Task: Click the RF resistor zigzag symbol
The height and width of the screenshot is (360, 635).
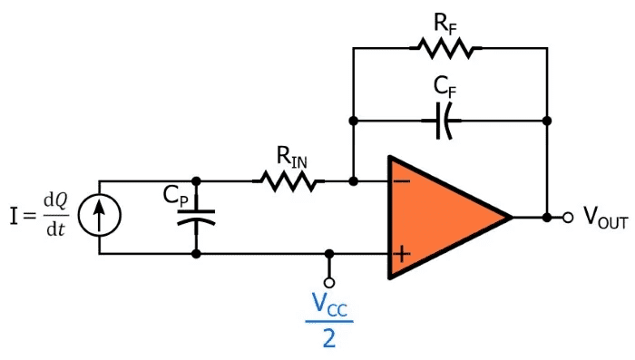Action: pyautogui.click(x=445, y=48)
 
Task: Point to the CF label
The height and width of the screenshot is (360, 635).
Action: pyautogui.click(x=444, y=86)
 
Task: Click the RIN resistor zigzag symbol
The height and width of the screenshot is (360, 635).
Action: pyautogui.click(x=288, y=181)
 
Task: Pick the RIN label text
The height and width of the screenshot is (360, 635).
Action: pyautogui.click(x=291, y=157)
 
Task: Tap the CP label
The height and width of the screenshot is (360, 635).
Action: pyautogui.click(x=176, y=196)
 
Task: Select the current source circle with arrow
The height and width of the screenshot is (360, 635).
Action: pyautogui.click(x=99, y=215)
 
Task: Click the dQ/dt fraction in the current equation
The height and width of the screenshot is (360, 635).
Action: pyautogui.click(x=56, y=215)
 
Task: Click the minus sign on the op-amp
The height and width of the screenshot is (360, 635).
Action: pyautogui.click(x=402, y=181)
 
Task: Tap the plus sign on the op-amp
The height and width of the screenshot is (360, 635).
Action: pyautogui.click(x=402, y=254)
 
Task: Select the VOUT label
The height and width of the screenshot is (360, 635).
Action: pyautogui.click(x=606, y=218)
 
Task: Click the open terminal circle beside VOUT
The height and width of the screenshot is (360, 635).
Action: pyautogui.click(x=568, y=218)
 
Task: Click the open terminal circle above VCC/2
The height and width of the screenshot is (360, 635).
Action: pyautogui.click(x=329, y=282)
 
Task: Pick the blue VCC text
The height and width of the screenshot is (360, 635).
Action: pyautogui.click(x=329, y=304)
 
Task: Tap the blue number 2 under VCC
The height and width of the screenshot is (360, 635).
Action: pyautogui.click(x=329, y=337)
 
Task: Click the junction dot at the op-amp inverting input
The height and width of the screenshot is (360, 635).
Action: pyautogui.click(x=353, y=181)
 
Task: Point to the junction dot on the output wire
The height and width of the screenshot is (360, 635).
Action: pyautogui.click(x=547, y=218)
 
